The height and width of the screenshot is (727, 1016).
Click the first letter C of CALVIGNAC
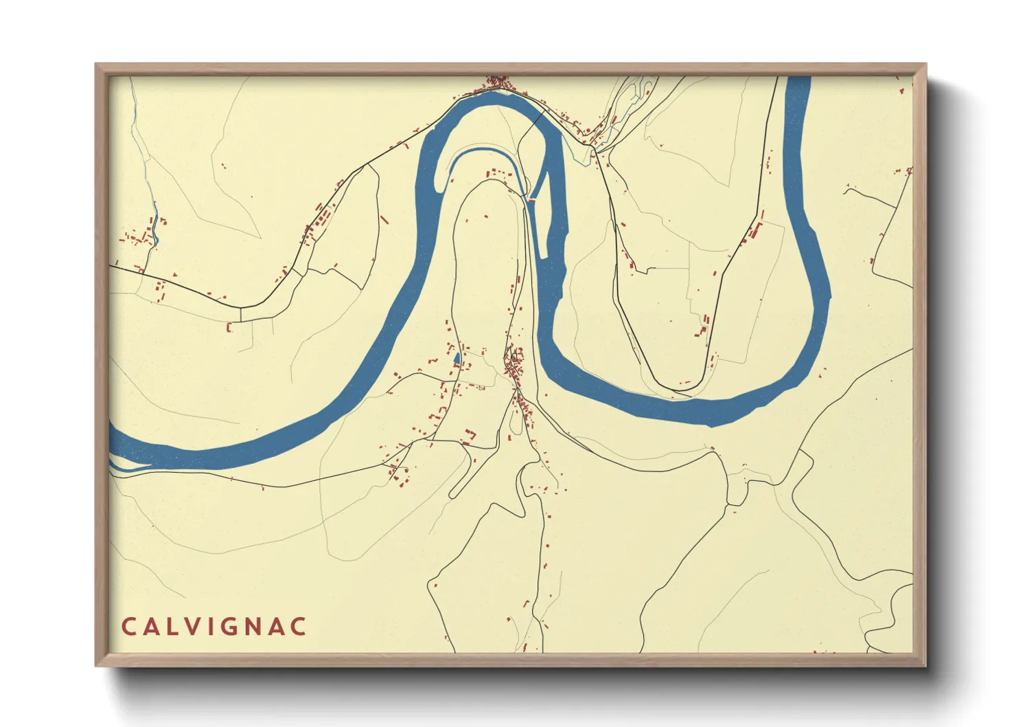tap(128, 627)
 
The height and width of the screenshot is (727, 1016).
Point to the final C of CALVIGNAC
tap(298, 627)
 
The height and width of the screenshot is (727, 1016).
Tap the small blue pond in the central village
tap(457, 358)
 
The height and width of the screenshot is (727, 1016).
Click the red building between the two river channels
tap(531, 201)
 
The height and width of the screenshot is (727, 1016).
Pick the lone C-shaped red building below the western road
tap(229, 328)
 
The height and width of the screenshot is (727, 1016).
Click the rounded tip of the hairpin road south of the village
tap(453, 494)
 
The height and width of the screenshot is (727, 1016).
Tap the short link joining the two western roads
tap(240, 314)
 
